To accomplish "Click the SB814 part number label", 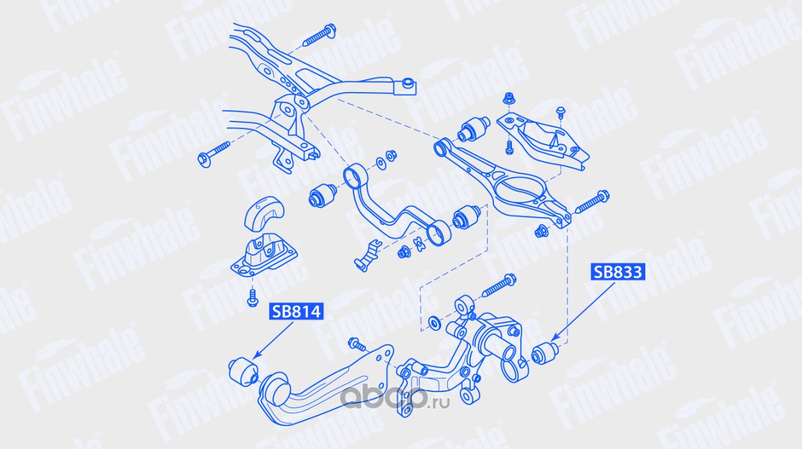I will (x=296, y=312).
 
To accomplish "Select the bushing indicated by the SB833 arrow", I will (x=544, y=352).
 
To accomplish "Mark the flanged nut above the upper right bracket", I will (x=508, y=99).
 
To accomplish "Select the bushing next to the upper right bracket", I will (x=475, y=130).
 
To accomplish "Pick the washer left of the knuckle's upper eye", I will (x=433, y=324).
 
